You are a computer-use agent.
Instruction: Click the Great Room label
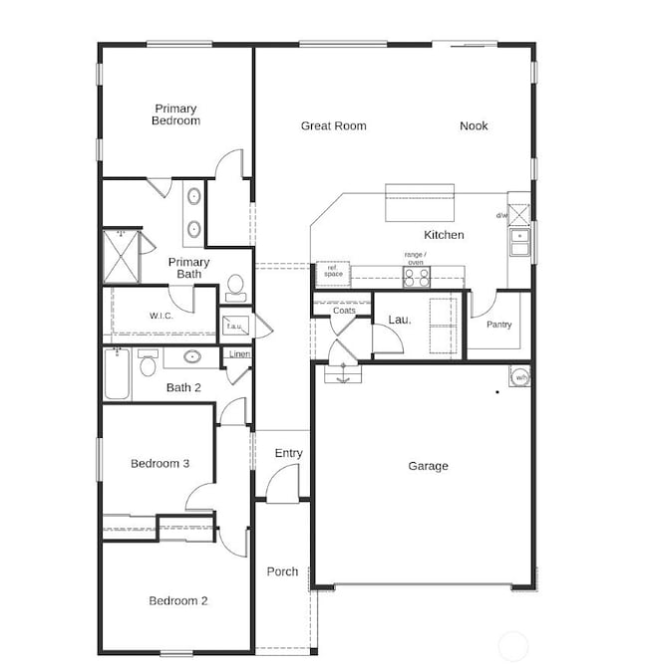pyautogui.click(x=333, y=126)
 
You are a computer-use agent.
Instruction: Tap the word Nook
pyautogui.click(x=474, y=126)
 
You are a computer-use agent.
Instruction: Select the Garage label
pyautogui.click(x=428, y=466)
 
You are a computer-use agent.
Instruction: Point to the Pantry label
pyautogui.click(x=498, y=326)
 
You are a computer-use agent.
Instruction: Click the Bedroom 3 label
pyautogui.click(x=160, y=464)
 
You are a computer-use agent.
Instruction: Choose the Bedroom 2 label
pyautogui.click(x=178, y=601)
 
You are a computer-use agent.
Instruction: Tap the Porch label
pyautogui.click(x=282, y=571)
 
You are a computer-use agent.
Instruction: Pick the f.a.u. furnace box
pyautogui.click(x=234, y=325)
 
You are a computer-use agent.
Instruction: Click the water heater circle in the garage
pyautogui.click(x=521, y=377)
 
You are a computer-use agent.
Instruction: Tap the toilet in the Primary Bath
pyautogui.click(x=236, y=287)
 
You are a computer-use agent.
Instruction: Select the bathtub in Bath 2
pyautogui.click(x=117, y=375)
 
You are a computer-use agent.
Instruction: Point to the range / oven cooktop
pyautogui.click(x=415, y=278)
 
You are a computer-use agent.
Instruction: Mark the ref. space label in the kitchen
pyautogui.click(x=333, y=271)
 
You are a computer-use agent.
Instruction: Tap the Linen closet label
pyautogui.click(x=238, y=355)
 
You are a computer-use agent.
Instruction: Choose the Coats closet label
pyautogui.click(x=344, y=311)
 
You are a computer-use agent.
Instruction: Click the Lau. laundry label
pyautogui.click(x=400, y=320)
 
